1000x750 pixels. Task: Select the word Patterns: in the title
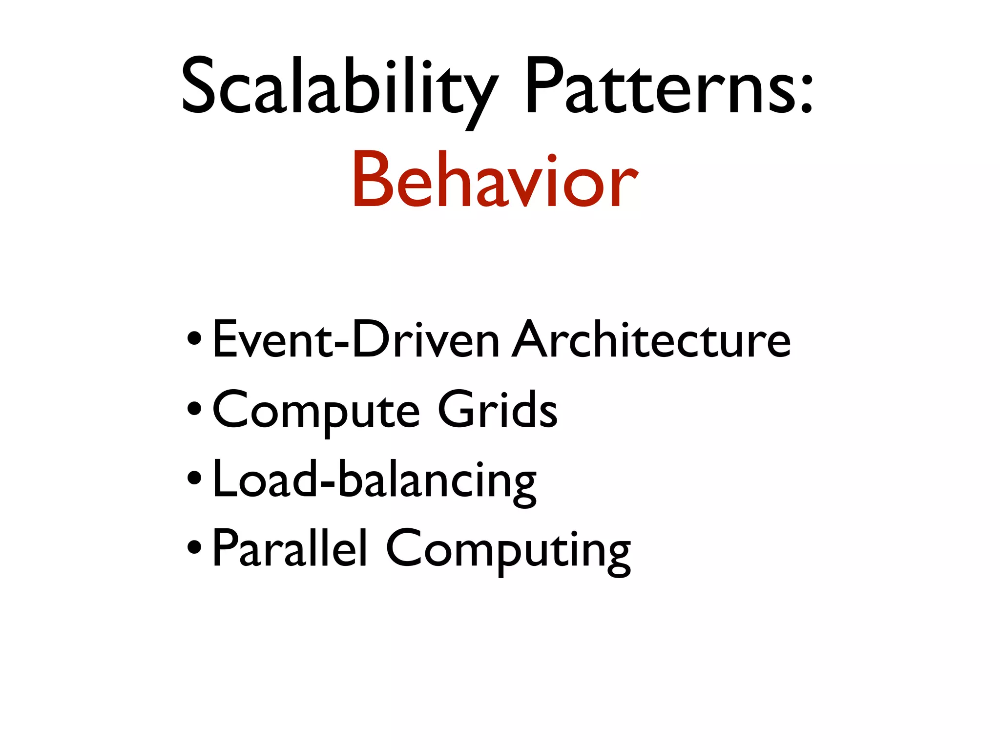pyautogui.click(x=669, y=88)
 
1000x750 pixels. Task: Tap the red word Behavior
pyautogui.click(x=494, y=181)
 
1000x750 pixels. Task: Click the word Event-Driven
pyautogui.click(x=355, y=339)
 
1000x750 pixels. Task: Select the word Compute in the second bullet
pyautogui.click(x=315, y=410)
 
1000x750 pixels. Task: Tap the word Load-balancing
pyautogui.click(x=374, y=480)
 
